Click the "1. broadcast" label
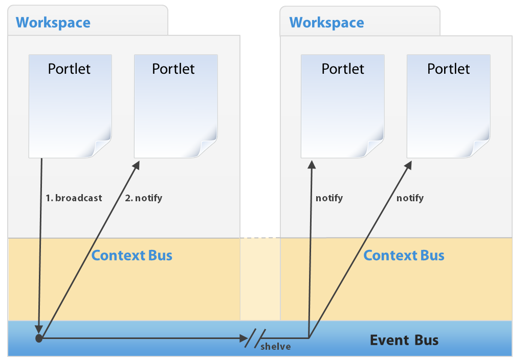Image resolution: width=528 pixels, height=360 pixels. click(x=74, y=198)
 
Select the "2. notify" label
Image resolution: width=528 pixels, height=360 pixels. click(x=143, y=198)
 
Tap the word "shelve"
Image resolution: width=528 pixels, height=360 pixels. click(x=275, y=347)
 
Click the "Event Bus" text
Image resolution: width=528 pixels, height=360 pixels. click(x=404, y=340)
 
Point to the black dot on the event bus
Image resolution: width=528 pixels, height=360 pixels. click(x=38, y=338)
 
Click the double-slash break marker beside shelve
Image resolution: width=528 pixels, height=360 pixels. click(x=255, y=338)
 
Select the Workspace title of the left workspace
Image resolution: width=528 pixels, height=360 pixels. click(x=53, y=23)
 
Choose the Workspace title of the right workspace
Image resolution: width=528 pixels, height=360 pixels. click(x=326, y=23)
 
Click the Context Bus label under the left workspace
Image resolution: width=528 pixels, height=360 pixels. click(x=131, y=255)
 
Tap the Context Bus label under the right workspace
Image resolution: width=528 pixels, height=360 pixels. click(x=404, y=255)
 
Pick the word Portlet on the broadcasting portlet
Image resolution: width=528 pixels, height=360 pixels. click(x=69, y=69)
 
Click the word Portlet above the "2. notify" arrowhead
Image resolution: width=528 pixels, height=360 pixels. click(x=173, y=69)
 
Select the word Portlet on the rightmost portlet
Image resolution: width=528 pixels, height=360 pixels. click(x=448, y=69)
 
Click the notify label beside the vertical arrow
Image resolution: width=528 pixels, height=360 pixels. click(x=329, y=198)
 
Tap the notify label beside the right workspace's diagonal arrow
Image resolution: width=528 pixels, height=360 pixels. click(x=410, y=198)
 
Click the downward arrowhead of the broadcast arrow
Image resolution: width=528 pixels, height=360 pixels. click(x=39, y=328)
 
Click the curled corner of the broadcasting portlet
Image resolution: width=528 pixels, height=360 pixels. click(x=102, y=149)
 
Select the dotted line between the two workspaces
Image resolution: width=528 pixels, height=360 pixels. click(x=260, y=238)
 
